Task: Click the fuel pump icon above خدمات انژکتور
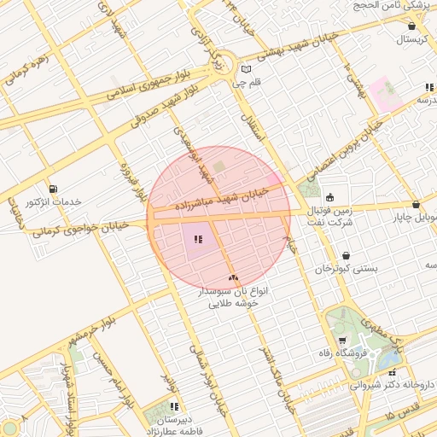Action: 55,189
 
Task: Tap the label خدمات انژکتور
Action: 53,202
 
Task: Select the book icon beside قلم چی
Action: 246,70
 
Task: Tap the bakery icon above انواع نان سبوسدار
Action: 233,278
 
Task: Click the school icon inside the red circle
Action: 198,240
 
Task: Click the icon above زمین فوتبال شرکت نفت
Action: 330,198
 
